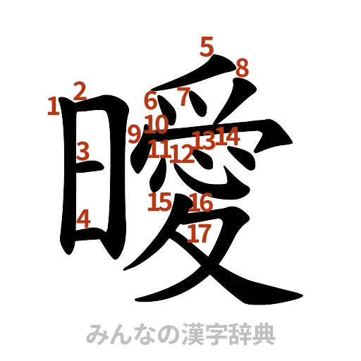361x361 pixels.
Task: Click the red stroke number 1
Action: point(52,107)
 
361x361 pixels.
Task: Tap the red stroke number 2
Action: point(79,90)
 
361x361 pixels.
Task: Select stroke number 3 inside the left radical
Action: point(83,150)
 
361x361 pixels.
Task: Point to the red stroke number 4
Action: point(83,219)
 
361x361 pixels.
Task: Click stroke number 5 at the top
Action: point(206,47)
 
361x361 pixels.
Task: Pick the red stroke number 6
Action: point(151,101)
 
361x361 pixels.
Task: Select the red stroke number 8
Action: point(242,68)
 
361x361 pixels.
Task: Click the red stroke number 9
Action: point(135,133)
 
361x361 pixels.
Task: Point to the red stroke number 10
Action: point(157,125)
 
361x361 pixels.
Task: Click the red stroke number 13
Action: point(205,139)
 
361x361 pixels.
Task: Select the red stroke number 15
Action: point(160,202)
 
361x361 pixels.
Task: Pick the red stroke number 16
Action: point(201,203)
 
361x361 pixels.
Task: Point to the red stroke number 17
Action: point(200,233)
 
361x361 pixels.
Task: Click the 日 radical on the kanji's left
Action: point(88,176)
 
